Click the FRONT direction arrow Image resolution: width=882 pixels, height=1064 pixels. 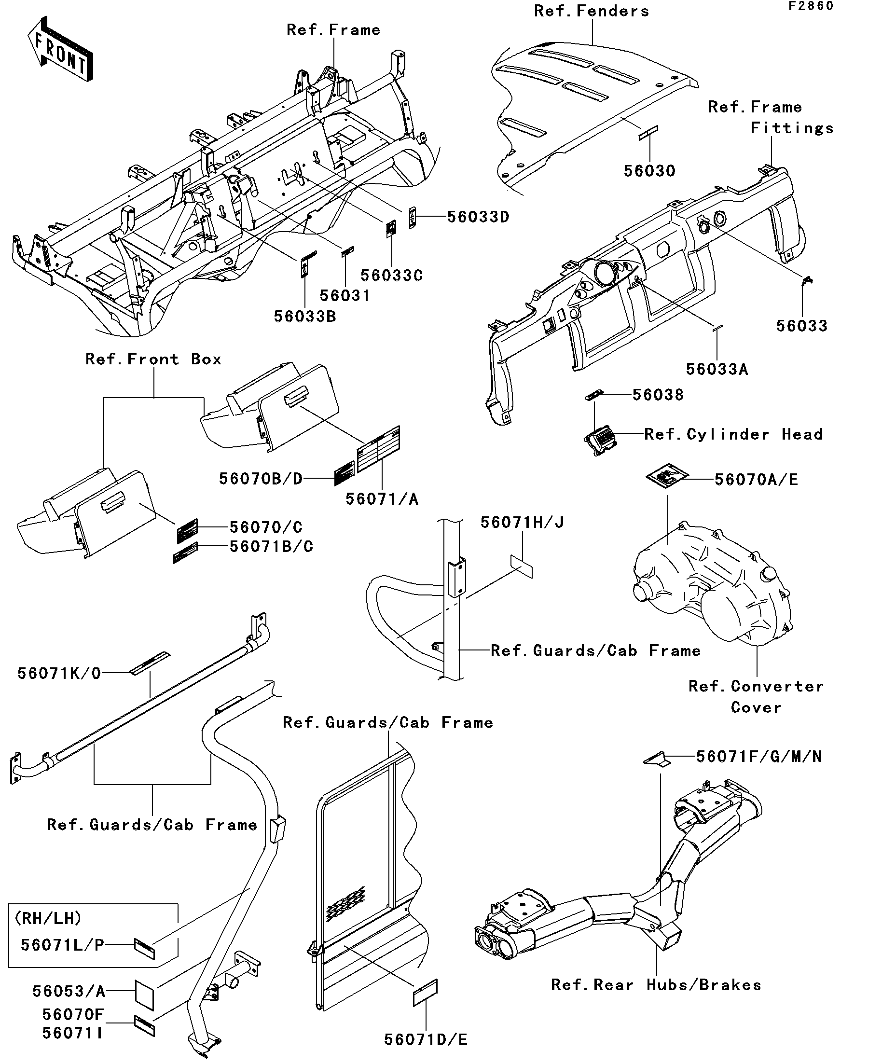(x=60, y=49)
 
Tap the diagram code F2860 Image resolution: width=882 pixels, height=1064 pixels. (x=810, y=6)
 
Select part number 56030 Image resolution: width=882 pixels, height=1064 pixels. (x=649, y=171)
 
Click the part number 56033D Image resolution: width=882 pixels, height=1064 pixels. (x=478, y=217)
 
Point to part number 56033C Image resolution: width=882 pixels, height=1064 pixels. (x=392, y=276)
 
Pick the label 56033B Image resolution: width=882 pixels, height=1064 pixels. (x=305, y=317)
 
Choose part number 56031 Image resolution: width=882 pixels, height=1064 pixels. (x=345, y=296)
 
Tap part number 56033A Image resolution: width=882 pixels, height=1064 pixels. (x=717, y=369)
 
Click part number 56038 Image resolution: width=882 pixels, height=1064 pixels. (x=658, y=395)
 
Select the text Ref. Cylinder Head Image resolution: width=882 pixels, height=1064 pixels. (x=733, y=434)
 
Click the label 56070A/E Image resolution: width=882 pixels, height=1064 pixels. (x=757, y=479)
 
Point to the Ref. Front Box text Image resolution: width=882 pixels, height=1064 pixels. (x=153, y=359)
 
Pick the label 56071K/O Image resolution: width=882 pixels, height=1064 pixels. (x=59, y=673)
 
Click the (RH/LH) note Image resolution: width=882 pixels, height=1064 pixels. (x=48, y=918)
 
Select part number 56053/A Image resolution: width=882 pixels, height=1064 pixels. (x=69, y=991)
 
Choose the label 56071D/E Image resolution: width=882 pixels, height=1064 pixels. (x=426, y=1040)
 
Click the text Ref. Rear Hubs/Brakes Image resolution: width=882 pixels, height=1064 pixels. (x=656, y=985)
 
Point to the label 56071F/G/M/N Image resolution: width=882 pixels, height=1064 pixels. (x=759, y=757)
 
